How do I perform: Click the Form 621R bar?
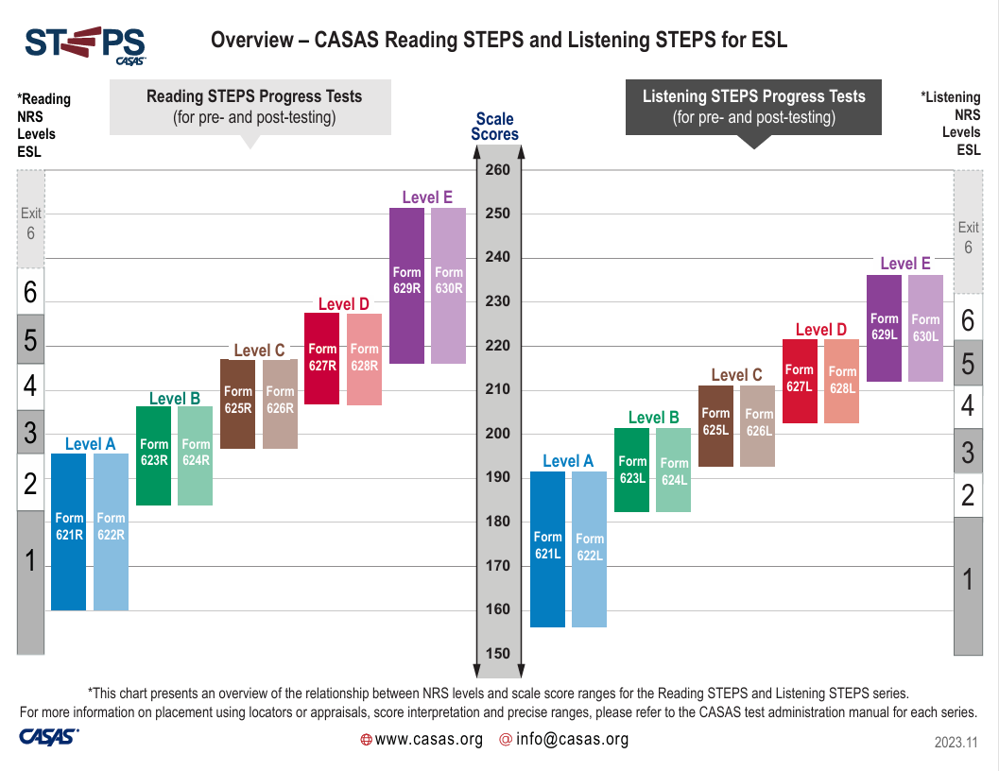[69, 531]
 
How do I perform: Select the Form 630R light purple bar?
[449, 285]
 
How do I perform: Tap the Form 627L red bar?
[800, 381]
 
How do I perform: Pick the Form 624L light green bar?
[674, 470]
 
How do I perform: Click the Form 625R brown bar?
[238, 403]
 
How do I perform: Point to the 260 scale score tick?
[497, 170]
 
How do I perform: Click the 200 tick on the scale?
[497, 434]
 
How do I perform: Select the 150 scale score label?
[497, 654]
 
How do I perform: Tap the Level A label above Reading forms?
[90, 443]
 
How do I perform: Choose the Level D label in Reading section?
[343, 303]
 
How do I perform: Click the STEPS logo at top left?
[85, 44]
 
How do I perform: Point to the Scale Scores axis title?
[495, 127]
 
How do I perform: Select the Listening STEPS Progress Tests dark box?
[753, 107]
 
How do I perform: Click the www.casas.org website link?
[429, 739]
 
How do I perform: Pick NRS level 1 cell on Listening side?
[967, 579]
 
